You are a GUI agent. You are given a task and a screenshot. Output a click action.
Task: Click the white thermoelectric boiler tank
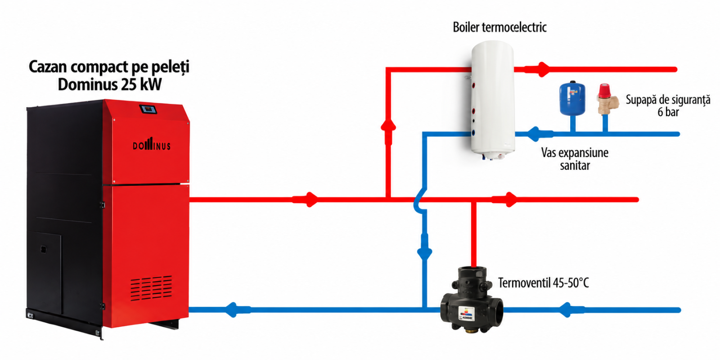click(x=492, y=99)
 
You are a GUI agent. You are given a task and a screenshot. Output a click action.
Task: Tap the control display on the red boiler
click(x=148, y=109)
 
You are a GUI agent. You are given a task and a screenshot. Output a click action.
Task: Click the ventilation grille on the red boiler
click(x=151, y=288)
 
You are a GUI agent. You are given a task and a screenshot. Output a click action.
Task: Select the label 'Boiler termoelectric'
click(x=499, y=27)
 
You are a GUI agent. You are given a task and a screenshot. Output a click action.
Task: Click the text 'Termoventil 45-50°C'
click(x=544, y=283)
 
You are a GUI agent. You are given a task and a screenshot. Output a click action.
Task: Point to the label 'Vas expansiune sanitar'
click(x=575, y=159)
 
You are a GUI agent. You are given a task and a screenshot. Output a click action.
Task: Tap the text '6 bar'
click(x=668, y=112)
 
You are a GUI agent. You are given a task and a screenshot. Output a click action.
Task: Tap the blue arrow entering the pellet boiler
click(x=238, y=310)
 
